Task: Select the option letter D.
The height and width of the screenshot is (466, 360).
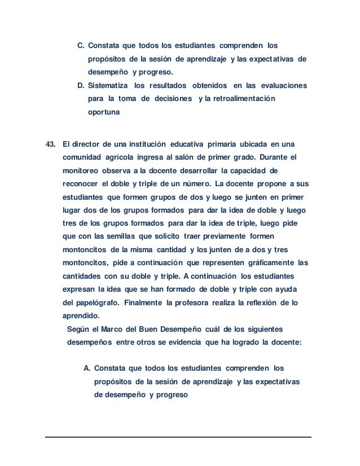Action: (80, 86)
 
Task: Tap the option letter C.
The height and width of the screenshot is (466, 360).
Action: (80, 45)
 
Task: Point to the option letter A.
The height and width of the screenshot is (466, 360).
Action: (87, 368)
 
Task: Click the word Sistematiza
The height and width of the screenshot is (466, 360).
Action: (108, 86)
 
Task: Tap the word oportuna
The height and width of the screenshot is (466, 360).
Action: (104, 113)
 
